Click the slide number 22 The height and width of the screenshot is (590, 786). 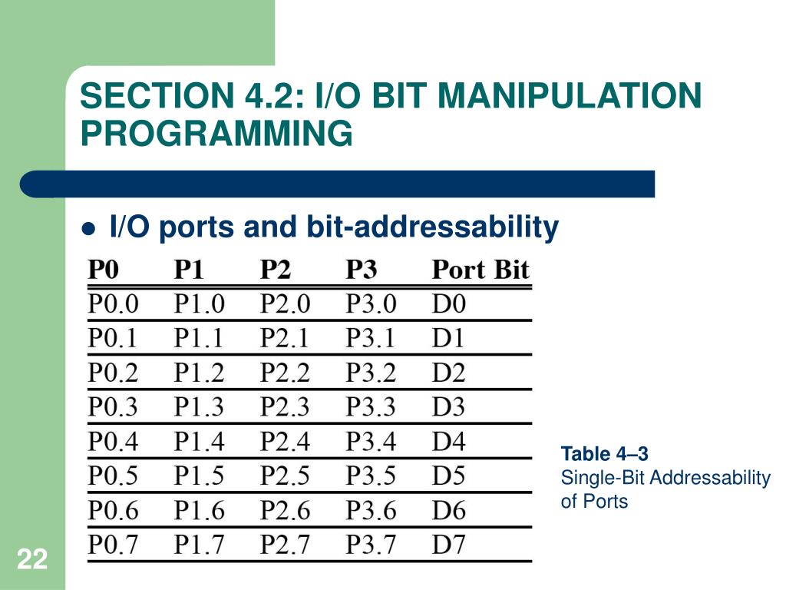pyautogui.click(x=31, y=560)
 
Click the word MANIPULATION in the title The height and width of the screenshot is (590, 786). pyautogui.click(x=570, y=97)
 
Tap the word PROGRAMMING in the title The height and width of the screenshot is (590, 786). pyautogui.click(x=216, y=133)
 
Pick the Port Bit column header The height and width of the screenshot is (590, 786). pyautogui.click(x=481, y=270)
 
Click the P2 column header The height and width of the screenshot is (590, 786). pyautogui.click(x=276, y=270)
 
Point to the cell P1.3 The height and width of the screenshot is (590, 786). pyautogui.click(x=200, y=406)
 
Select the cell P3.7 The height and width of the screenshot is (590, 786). pyautogui.click(x=372, y=545)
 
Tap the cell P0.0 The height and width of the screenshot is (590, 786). pyautogui.click(x=114, y=304)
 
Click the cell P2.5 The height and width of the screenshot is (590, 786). pyautogui.click(x=286, y=476)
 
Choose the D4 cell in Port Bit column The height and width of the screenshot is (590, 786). pyautogui.click(x=449, y=442)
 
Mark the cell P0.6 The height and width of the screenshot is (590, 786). pyautogui.click(x=114, y=510)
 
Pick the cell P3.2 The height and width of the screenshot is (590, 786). pyautogui.click(x=372, y=373)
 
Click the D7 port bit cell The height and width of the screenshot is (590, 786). pyautogui.click(x=449, y=545)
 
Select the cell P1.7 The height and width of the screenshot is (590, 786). pyautogui.click(x=200, y=545)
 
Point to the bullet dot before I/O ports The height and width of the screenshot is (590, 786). pyautogui.click(x=89, y=228)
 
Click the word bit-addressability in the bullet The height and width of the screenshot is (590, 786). pyautogui.click(x=432, y=227)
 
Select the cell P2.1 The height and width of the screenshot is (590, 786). pyautogui.click(x=286, y=338)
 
